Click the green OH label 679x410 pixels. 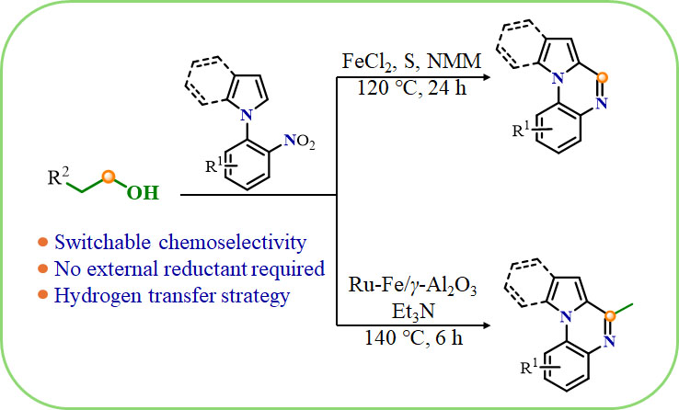pyautogui.click(x=144, y=193)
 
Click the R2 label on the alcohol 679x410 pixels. pyautogui.click(x=58, y=176)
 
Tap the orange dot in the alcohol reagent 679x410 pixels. pyautogui.click(x=109, y=176)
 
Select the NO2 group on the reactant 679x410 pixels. pyautogui.click(x=299, y=142)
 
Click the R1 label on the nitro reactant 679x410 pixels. pyautogui.click(x=215, y=165)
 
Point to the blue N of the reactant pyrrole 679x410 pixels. pyautogui.click(x=246, y=115)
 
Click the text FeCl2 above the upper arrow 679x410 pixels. pyautogui.click(x=369, y=62)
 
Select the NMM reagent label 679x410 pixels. pyautogui.click(x=454, y=61)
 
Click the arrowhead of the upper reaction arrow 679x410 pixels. pyautogui.click(x=487, y=77)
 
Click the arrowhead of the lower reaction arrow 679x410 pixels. pyautogui.click(x=487, y=325)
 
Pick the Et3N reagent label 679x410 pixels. pyautogui.click(x=413, y=312)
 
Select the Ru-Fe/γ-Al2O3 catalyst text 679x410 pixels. pyautogui.click(x=413, y=287)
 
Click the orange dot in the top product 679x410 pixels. pyautogui.click(x=602, y=78)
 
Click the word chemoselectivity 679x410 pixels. pyautogui.click(x=233, y=242)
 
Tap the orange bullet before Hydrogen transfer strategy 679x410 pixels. pyautogui.click(x=43, y=295)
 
